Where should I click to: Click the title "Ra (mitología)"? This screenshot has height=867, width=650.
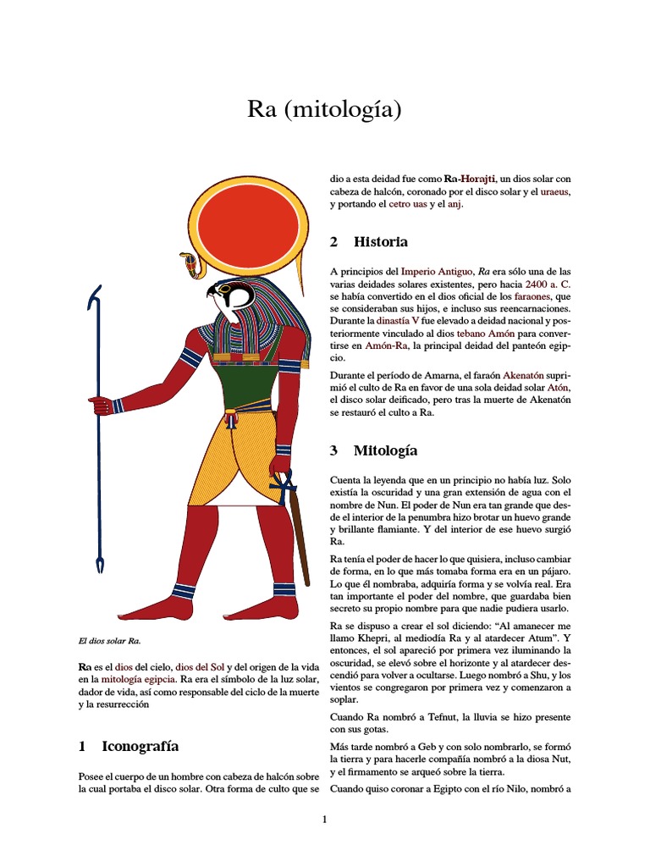[x=324, y=109]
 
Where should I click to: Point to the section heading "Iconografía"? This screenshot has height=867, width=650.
[x=140, y=746]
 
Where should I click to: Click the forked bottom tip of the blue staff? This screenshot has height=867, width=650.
[x=100, y=564]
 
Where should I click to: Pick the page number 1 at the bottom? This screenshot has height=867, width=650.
[x=324, y=819]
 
